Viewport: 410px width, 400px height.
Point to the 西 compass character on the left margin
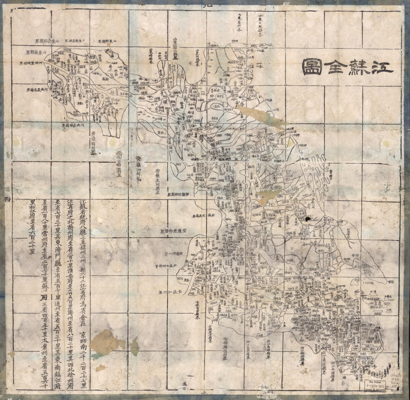click(x=7, y=199)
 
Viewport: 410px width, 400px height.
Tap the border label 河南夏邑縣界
click(x=39, y=90)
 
